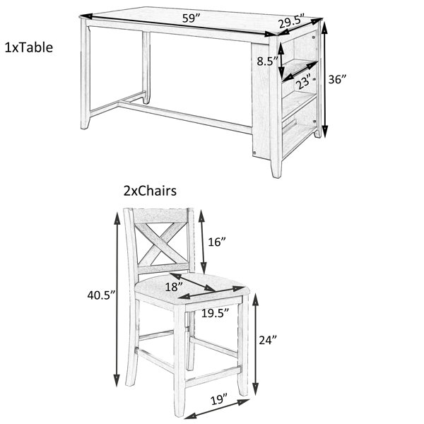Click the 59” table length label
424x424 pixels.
pos(191,18)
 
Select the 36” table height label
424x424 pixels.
pos(337,79)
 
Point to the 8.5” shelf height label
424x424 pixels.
pos(267,61)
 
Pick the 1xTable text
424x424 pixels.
pos(29,47)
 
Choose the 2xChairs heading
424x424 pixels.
pos(150,191)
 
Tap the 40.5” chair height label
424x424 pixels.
pos(101,295)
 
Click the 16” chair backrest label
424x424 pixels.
pos(217,242)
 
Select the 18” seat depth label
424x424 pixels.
pos(174,287)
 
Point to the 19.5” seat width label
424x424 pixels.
pos(216,313)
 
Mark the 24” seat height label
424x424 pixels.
pos(268,340)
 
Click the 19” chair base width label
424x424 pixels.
pos(219,399)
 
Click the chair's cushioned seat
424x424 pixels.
pos(192,289)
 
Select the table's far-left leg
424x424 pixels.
pos(86,73)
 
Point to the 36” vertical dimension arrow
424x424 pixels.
pos(325,80)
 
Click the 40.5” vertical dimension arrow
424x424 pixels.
pos(117,300)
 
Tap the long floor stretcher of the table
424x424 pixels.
pos(185,117)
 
